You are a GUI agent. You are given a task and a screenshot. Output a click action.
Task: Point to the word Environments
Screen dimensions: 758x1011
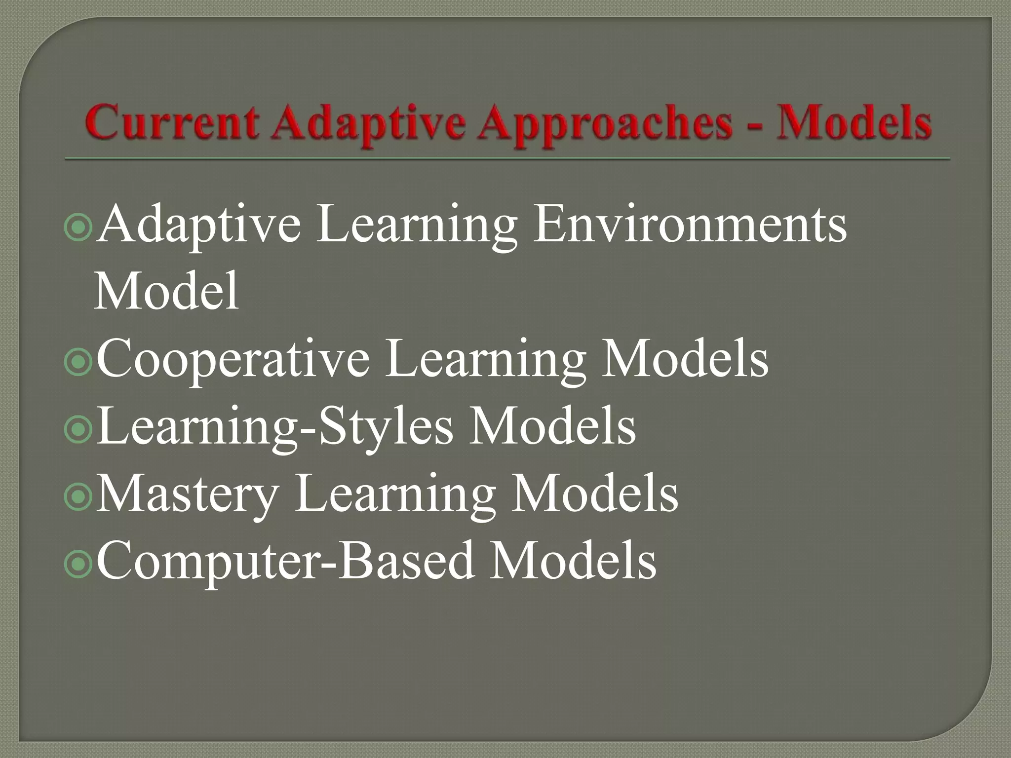[690, 225]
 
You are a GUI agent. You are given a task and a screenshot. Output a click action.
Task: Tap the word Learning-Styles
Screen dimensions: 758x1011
[274, 427]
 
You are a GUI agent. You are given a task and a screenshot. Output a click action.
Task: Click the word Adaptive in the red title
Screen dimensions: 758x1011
[368, 123]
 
